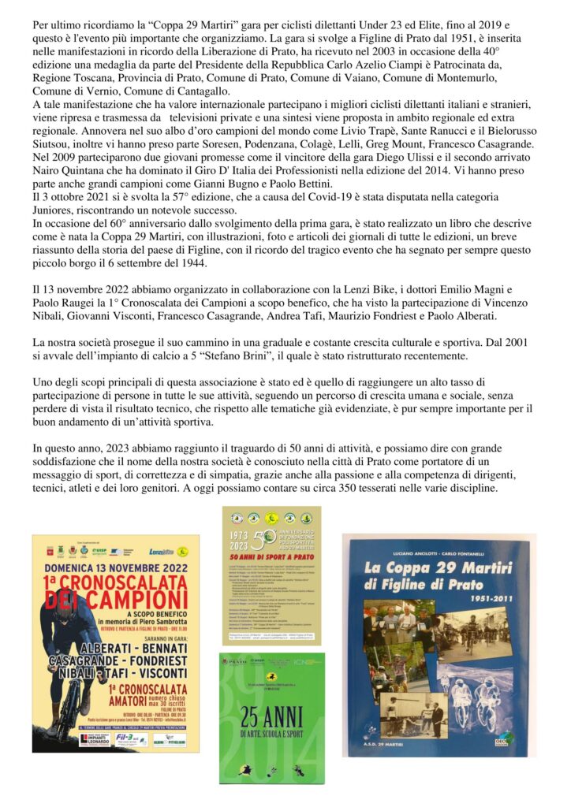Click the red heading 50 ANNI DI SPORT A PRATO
[x=271, y=557]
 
